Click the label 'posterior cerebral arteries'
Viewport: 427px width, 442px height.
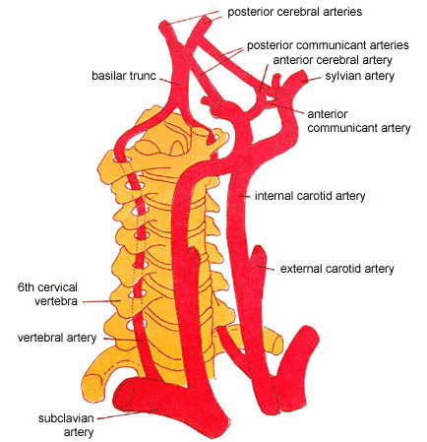294,12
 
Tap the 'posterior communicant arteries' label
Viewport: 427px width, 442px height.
328,45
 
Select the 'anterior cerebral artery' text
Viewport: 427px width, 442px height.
333,60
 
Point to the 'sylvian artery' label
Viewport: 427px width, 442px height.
359,76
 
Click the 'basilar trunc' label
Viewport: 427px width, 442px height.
124,76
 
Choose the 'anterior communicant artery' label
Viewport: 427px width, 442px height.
359,121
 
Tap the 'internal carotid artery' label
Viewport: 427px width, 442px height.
310,196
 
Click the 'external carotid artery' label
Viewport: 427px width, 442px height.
336,269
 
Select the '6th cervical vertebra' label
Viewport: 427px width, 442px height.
47,294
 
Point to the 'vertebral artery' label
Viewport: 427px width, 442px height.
57,338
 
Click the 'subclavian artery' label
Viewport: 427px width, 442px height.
66,425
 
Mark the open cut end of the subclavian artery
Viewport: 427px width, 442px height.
124,394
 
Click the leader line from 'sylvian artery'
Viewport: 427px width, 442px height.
314,79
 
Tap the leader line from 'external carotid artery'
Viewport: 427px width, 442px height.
267,268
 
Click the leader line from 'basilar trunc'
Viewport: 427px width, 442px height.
169,82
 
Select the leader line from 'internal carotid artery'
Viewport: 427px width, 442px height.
245,197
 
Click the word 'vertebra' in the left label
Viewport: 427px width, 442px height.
56,301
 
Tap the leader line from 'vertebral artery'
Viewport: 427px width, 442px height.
123,340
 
